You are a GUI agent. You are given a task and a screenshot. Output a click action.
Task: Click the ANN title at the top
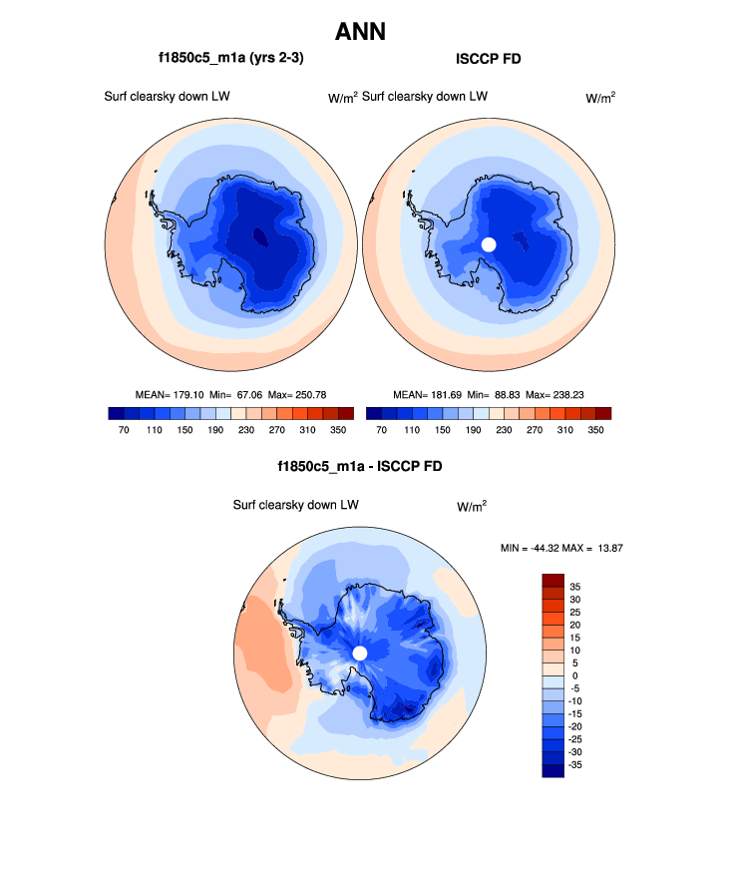click(360, 32)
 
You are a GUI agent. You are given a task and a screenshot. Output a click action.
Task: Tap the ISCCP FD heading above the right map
click(488, 59)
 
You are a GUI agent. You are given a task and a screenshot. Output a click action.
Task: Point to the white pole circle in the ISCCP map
click(489, 244)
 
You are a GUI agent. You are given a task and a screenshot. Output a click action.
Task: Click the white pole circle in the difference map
click(360, 653)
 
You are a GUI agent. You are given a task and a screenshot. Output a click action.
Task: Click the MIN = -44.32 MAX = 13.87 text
click(561, 549)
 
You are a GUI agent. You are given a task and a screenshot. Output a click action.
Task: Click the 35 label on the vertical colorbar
click(575, 587)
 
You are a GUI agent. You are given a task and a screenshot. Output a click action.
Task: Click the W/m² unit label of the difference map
click(472, 506)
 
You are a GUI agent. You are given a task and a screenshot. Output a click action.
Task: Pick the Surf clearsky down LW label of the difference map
click(295, 506)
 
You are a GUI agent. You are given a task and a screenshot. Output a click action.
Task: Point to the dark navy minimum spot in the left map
click(259, 236)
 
